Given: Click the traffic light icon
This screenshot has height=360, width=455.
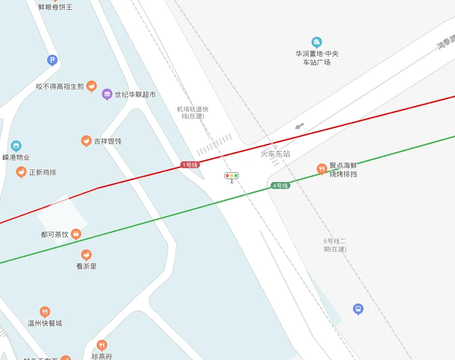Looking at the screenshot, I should pos(232,176).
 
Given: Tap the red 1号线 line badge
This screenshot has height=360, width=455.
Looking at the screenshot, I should pos(190,165).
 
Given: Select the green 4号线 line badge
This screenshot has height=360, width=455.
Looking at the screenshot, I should pos(280,185).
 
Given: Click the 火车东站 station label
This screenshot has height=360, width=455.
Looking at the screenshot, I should pos(275,154).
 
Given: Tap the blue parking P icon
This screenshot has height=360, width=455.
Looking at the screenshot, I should pos(52,60).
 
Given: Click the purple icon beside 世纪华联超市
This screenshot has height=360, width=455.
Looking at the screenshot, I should pos(107,94).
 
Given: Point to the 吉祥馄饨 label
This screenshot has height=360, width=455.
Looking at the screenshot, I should pos(108,141).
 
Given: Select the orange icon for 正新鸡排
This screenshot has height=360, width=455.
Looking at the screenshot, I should pos(21,172).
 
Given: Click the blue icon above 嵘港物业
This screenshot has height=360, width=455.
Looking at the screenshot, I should pos(16,146).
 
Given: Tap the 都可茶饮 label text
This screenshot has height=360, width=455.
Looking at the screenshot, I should pos(55,234).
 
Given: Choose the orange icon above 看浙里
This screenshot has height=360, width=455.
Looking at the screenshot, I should pos(86,255).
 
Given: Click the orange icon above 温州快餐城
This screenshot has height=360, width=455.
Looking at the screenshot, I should pos(45,312).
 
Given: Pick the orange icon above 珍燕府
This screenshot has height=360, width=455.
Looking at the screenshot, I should pos(102,345).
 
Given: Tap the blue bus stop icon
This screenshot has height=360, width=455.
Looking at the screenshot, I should pos(358,309).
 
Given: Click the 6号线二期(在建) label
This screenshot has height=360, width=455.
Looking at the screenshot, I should pos(335,245).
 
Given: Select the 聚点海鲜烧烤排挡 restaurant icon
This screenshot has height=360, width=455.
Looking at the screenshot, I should pos(321,169).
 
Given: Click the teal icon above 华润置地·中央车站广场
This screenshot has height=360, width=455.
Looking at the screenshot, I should pos(317,42).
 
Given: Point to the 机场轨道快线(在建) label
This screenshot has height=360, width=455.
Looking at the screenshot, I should pos(192,112).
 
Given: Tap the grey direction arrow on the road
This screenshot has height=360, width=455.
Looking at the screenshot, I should pos(299,126).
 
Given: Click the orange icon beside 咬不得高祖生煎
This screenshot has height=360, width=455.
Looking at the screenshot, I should pos(92,86).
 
